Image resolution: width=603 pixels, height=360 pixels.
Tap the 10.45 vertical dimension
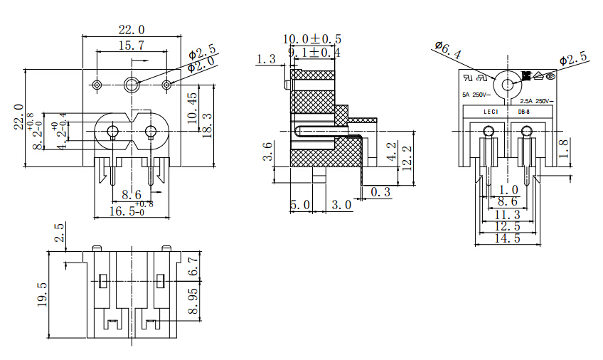point(193,107)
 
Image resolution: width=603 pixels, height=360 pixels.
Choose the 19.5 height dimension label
point(42,295)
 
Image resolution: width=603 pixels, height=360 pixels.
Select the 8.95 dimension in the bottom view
point(193,302)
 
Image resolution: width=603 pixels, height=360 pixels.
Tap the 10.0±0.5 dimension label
point(312,38)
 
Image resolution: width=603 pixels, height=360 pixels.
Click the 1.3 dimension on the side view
point(267,59)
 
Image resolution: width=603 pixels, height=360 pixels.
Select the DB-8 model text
point(523,111)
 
